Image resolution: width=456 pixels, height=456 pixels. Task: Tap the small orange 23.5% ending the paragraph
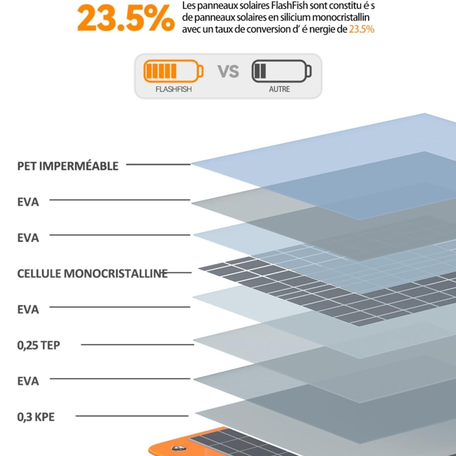pyautogui.click(x=361, y=29)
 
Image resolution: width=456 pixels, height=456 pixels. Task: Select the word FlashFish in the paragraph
pyautogui.click(x=287, y=6)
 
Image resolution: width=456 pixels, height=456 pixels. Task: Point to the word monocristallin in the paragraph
pyautogui.click(x=340, y=17)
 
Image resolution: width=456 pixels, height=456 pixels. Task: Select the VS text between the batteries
pyautogui.click(x=228, y=71)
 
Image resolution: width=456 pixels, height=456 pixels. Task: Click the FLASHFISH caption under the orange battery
pyautogui.click(x=173, y=89)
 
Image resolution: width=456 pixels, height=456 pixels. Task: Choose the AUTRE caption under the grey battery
pyautogui.click(x=279, y=89)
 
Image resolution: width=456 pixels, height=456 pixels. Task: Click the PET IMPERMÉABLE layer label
pyautogui.click(x=68, y=166)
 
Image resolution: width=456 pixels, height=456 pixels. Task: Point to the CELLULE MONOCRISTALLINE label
pyautogui.click(x=92, y=274)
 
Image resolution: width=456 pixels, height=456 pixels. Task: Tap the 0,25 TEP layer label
pyautogui.click(x=38, y=345)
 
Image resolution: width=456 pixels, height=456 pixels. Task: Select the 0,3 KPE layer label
pyautogui.click(x=36, y=417)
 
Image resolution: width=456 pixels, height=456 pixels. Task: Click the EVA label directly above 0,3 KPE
pyautogui.click(x=28, y=381)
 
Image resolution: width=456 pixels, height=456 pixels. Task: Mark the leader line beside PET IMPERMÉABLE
pyautogui.click(x=158, y=165)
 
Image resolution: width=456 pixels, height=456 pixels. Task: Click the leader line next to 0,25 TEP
pyautogui.click(x=137, y=345)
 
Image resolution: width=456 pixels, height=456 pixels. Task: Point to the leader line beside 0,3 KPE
pyautogui.click(x=132, y=416)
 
